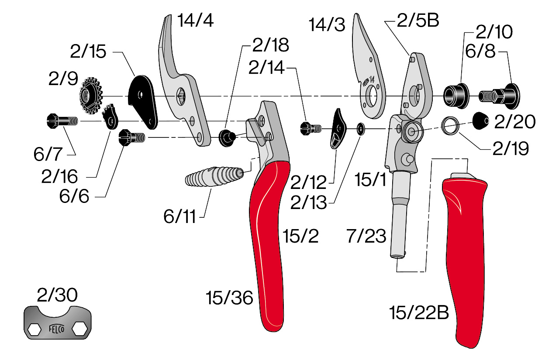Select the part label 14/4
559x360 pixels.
point(195,21)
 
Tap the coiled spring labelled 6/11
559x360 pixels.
point(214,176)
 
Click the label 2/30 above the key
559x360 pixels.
point(57,295)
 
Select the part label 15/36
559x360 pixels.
point(229,298)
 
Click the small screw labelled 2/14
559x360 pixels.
point(311,128)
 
